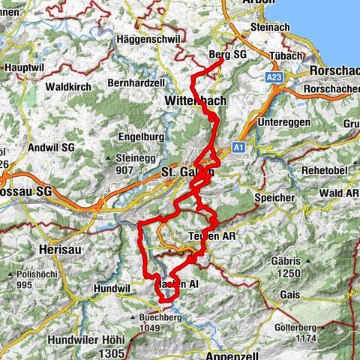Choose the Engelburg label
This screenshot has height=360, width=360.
[x=142, y=137]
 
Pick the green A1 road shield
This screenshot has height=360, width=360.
[x=239, y=147]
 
